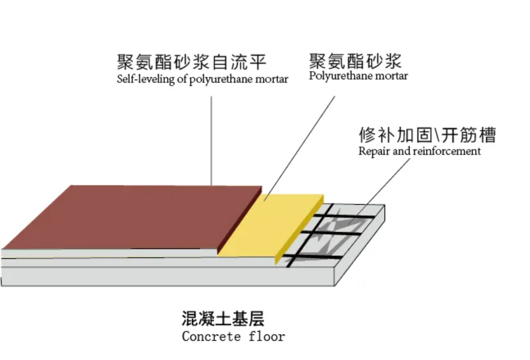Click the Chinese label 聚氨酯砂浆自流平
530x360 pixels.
tap(192, 62)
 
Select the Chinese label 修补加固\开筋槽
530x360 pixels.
tap(427, 135)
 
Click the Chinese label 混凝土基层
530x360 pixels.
tap(223, 318)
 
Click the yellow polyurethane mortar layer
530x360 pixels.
tap(270, 225)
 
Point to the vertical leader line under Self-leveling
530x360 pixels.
tap(211, 140)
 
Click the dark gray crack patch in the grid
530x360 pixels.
tap(345, 223)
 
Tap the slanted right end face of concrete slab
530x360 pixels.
tap(360, 246)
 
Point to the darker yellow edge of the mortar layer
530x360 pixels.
tap(299, 230)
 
